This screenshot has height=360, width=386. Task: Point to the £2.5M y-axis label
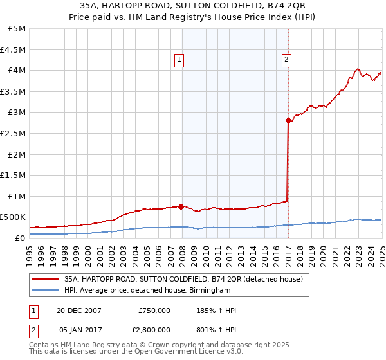[14, 133]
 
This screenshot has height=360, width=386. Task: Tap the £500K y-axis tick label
[14, 217]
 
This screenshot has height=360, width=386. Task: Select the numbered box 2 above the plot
[286, 60]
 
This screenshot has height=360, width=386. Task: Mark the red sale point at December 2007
[181, 206]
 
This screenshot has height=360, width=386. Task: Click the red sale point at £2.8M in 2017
[288, 120]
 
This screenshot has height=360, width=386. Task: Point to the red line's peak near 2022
[358, 69]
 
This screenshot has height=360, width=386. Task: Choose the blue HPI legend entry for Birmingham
[147, 291]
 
